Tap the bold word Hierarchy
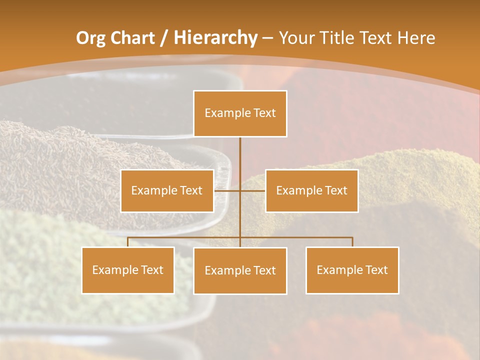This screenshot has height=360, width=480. click(x=215, y=38)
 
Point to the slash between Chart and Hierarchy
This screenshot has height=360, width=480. click(x=163, y=38)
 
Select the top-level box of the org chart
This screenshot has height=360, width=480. click(x=240, y=113)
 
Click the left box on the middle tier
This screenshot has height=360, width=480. click(x=167, y=190)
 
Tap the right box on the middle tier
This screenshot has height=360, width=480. click(x=311, y=190)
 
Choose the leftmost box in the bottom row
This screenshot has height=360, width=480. click(x=128, y=270)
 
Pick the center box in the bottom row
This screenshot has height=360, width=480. click(x=240, y=270)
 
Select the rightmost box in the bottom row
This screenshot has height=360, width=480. click(x=352, y=270)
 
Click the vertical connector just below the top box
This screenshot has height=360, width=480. click(x=240, y=155)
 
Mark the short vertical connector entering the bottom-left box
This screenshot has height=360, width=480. click(x=128, y=242)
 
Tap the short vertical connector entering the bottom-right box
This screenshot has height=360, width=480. click(x=352, y=242)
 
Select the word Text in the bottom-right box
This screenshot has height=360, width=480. click(x=376, y=270)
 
